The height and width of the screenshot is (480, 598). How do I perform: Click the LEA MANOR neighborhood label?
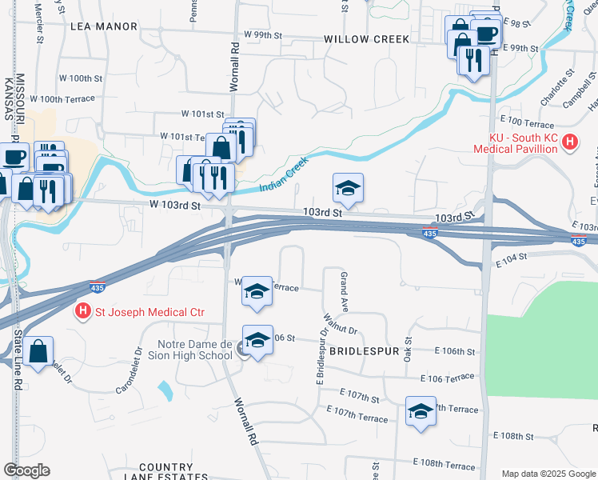(x=104, y=26)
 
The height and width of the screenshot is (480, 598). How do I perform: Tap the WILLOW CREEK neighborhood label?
(x=367, y=39)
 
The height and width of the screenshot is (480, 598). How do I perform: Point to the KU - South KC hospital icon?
(x=570, y=142)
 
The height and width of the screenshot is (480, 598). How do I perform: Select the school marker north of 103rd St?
(x=349, y=189)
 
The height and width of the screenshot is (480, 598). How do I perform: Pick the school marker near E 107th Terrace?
(x=421, y=412)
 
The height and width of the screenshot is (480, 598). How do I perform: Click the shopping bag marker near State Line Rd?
(x=38, y=351)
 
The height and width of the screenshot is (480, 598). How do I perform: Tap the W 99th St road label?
(x=265, y=36)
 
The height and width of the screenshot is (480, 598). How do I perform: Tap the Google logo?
(x=26, y=470)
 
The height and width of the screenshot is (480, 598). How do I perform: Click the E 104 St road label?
(x=513, y=261)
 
